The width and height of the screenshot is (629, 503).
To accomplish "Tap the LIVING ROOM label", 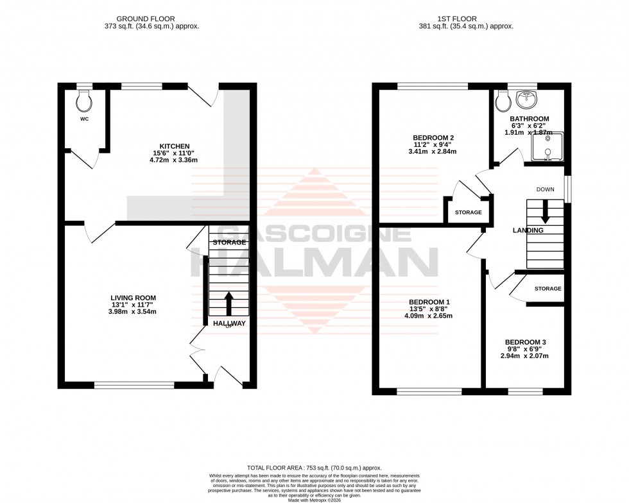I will [134, 297].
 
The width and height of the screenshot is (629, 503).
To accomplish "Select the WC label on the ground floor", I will [84, 119].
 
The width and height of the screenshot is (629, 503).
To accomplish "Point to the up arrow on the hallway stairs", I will [228, 302].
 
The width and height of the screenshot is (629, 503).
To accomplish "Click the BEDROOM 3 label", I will [526, 342].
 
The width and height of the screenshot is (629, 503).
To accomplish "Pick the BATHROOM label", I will [530, 119].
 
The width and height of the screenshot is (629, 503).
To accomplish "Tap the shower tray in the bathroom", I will [547, 146].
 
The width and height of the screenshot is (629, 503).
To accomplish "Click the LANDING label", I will [528, 230].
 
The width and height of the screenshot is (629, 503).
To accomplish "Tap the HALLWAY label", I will [229, 323].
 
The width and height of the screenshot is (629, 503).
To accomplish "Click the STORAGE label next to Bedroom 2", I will [468, 212].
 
